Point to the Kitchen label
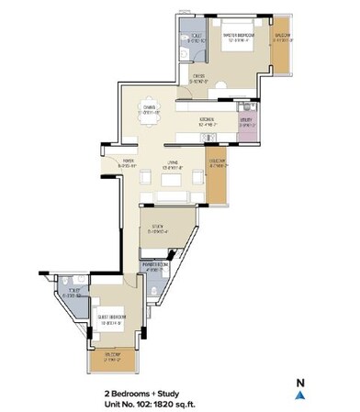click(x=210, y=121)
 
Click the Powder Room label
click(x=152, y=268)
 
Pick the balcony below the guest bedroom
click(x=113, y=359)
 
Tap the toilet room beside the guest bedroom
click(x=75, y=293)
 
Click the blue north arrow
click(x=299, y=395)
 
